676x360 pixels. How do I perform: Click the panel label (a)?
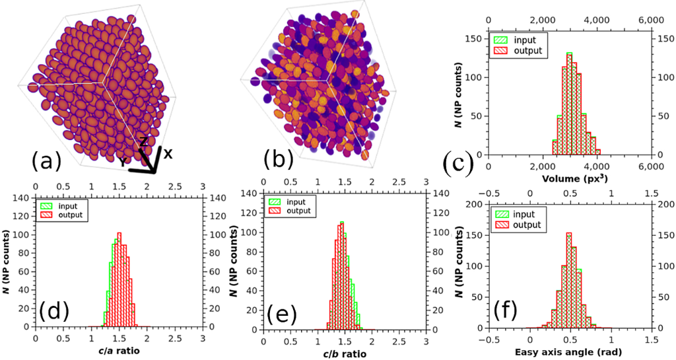(46, 161)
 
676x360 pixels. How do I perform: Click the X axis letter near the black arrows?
(168, 153)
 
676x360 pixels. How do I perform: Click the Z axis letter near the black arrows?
(143, 141)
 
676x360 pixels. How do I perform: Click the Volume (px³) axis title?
(569, 177)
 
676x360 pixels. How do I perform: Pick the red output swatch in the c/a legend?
(47, 215)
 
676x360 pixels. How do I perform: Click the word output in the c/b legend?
(298, 211)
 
